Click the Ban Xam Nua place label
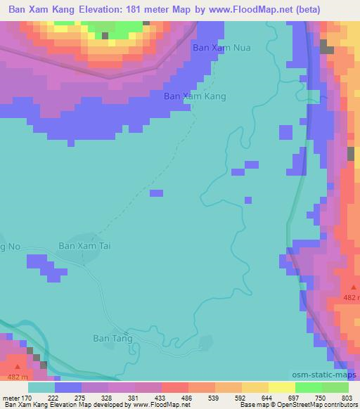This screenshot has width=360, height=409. pyautogui.click(x=221, y=48)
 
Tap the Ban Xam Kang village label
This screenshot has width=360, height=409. pyautogui.click(x=195, y=96)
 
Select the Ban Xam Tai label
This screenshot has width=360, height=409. pyautogui.click(x=85, y=246)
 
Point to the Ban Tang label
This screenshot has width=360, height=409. pyautogui.click(x=112, y=338)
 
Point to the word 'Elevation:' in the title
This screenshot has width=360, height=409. pyautogui.click(x=103, y=11)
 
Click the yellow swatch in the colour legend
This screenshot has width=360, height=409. pyautogui.click(x=281, y=387)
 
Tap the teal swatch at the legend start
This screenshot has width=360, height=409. pyautogui.click(x=41, y=387)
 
